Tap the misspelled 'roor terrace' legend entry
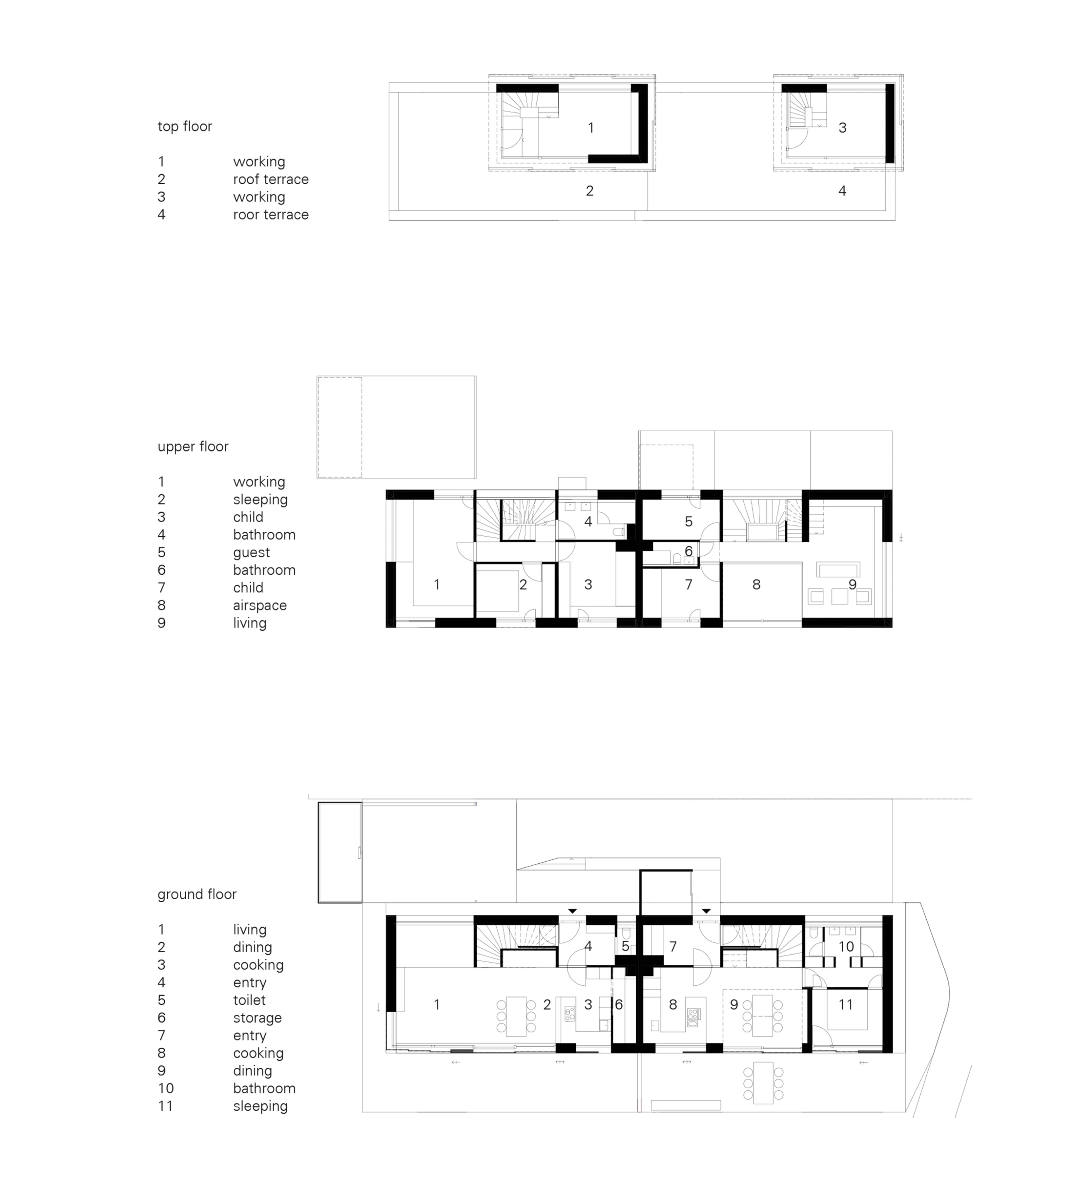(270, 215)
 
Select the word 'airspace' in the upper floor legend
(260, 606)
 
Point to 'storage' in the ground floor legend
(257, 1018)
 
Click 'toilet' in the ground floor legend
(249, 1000)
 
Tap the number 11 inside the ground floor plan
(846, 1005)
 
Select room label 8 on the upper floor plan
(756, 584)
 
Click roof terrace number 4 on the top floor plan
(842, 191)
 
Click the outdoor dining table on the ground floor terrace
(764, 1083)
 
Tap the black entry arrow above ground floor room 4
(572, 911)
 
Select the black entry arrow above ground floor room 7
(706, 911)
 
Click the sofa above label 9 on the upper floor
(838, 569)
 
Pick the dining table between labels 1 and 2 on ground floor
(516, 1016)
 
